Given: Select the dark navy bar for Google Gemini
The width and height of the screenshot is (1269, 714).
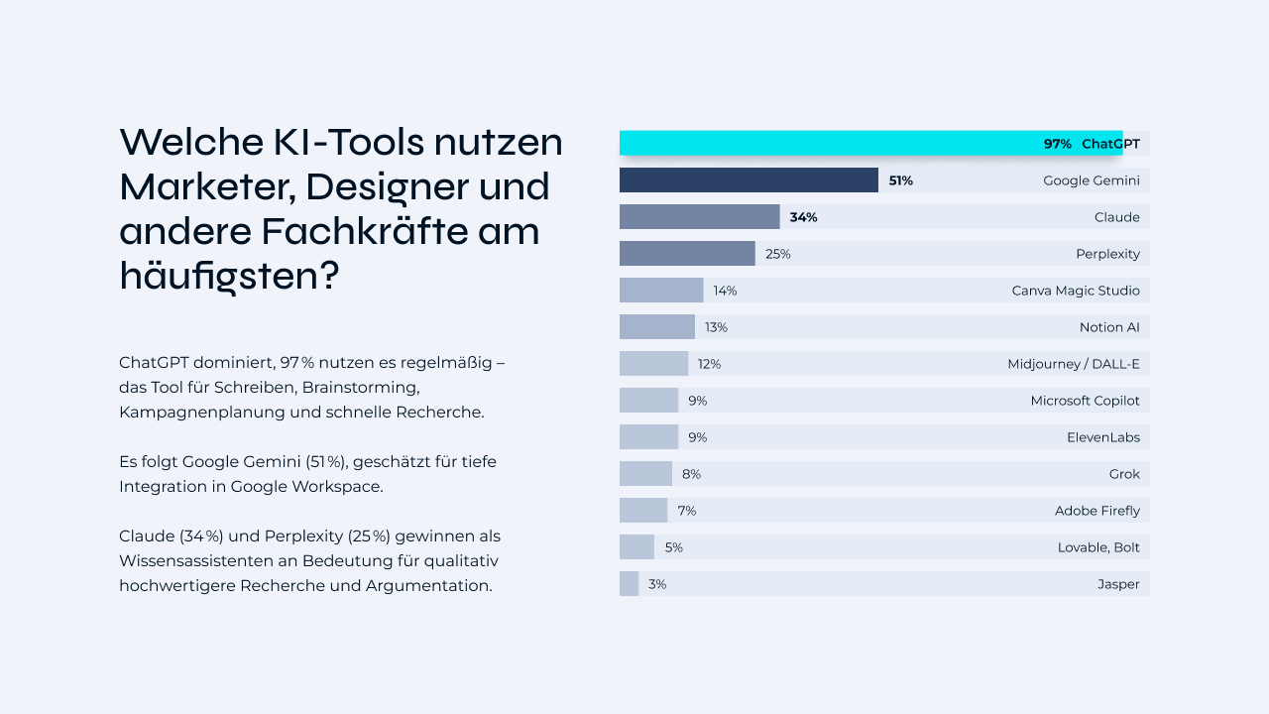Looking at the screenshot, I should tap(749, 180).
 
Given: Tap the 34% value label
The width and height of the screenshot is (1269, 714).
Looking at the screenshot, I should tap(803, 217).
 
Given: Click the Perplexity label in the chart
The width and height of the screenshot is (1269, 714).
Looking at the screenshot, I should tap(1107, 254).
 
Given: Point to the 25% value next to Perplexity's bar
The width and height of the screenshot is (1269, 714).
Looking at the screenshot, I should tap(777, 254).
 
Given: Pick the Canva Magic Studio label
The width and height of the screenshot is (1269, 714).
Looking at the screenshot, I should tap(1076, 291).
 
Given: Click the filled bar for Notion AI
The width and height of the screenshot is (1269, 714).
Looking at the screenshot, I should tap(656, 327).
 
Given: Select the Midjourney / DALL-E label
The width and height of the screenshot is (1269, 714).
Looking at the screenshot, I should tap(1073, 364).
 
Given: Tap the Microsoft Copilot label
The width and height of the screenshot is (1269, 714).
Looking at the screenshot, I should tap(1085, 401).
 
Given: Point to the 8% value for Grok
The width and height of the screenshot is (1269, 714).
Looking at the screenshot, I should tap(691, 474).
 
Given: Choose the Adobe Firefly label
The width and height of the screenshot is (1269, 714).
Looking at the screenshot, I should tap(1096, 511).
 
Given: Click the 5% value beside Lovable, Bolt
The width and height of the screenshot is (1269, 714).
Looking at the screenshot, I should tap(673, 547).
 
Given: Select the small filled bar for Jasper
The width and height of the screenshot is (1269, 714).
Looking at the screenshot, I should tap(629, 584).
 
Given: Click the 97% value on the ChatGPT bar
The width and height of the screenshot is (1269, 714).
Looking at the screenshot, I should tap(1057, 144).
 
